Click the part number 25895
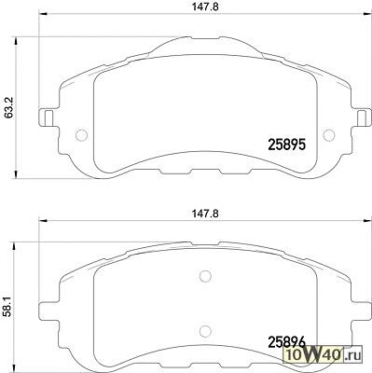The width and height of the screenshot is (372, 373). coord(287,145)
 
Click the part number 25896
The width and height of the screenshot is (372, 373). coord(287,343)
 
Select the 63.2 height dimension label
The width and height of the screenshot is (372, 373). coord(8,107)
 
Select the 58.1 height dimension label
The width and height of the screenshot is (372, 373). coord(7,307)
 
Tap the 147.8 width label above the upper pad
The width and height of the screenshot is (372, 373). coord(205,7)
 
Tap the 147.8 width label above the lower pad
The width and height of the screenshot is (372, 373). coord(205,214)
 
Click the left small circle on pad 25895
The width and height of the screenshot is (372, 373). coord(82,135)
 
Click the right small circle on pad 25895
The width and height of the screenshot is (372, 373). coord(329,135)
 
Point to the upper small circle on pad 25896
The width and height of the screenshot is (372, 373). coord(205,276)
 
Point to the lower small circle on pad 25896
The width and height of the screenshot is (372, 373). coord(205,331)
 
